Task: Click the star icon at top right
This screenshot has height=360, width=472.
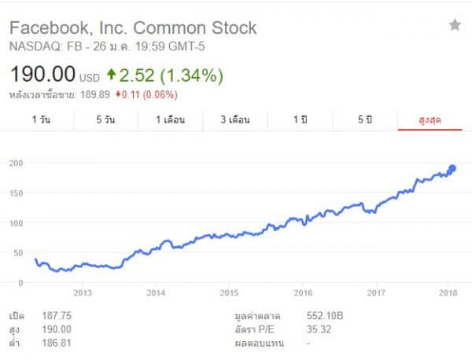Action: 455,25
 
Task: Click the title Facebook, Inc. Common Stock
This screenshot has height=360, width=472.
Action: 132,28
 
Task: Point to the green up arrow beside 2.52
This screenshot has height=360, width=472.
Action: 111,75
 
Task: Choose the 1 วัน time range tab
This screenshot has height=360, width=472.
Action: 42,119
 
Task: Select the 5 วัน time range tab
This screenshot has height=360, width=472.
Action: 106,119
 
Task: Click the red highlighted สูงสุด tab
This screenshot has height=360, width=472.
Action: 430,119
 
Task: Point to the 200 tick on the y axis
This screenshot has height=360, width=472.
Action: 17,163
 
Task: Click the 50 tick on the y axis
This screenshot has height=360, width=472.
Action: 19,252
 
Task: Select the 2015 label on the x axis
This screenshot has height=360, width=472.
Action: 229,293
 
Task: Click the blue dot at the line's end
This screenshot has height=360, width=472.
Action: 452,168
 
